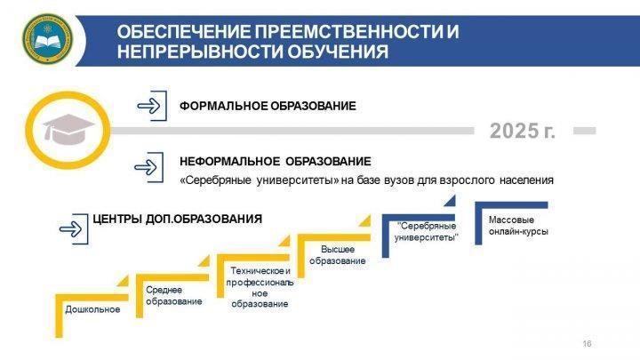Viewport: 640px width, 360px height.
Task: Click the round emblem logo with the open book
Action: (47, 40)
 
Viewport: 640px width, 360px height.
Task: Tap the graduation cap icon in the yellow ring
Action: (68, 130)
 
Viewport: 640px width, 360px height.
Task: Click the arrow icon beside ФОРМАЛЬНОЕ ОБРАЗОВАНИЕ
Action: (152, 106)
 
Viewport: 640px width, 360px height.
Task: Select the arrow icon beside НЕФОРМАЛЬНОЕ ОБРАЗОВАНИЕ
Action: (149, 167)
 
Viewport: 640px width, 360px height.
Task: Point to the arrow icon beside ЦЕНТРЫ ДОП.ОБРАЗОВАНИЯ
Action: (74, 229)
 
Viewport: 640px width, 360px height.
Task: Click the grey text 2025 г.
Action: (523, 131)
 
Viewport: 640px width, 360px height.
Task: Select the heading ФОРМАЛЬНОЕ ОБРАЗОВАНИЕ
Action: (268, 106)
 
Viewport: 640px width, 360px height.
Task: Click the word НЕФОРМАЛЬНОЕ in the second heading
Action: (229, 161)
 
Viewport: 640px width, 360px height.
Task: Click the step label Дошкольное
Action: (92, 309)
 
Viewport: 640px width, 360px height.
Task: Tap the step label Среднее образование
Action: (174, 295)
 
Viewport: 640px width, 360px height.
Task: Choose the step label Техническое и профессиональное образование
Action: (260, 287)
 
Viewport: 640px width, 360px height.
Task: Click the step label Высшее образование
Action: (338, 255)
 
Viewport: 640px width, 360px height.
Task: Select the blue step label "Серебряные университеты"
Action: (427, 231)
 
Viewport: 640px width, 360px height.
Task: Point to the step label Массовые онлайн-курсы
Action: (518, 225)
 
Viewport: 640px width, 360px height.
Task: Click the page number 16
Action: (587, 344)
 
